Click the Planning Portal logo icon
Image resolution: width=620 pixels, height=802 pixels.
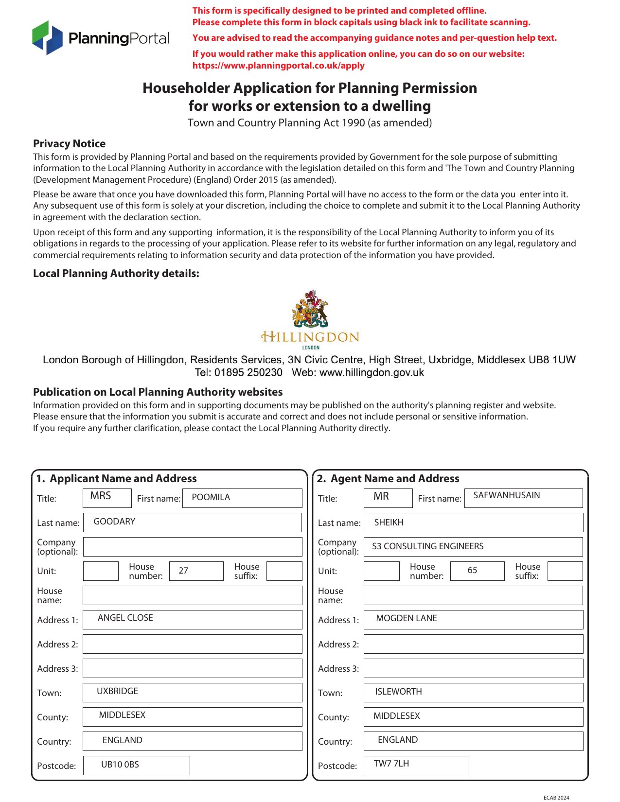point(47,37)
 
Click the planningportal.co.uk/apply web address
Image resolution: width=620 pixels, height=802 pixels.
point(278,66)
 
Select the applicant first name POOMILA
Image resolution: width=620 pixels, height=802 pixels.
point(211,497)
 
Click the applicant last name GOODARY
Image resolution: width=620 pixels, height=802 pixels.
point(114,522)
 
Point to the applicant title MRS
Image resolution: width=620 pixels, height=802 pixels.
point(101,496)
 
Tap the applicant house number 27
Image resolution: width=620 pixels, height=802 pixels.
point(183,571)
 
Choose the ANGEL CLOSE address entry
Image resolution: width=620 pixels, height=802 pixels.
point(125,618)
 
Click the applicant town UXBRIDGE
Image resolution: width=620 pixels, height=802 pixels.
point(117,691)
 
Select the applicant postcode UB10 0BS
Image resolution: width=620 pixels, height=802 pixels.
point(120,765)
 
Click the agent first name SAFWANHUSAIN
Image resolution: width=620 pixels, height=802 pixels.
point(506,495)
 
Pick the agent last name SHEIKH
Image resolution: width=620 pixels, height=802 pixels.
point(389,523)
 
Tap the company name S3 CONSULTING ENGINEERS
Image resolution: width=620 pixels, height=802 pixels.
point(427,546)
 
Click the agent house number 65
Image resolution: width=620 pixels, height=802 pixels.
point(472,570)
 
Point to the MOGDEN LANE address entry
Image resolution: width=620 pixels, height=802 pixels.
point(406,618)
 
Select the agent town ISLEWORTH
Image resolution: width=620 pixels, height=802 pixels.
point(398,692)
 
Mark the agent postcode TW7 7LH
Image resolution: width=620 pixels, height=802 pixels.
point(391,764)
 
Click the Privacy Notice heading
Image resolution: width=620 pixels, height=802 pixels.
point(69,143)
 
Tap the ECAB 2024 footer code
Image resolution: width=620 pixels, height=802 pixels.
point(556,798)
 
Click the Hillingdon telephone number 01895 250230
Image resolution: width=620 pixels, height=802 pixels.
point(248,373)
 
